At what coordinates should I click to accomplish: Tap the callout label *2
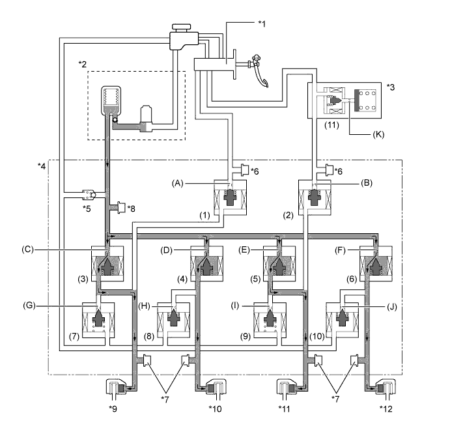tap(83, 63)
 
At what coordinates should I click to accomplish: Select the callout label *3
tap(390, 85)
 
